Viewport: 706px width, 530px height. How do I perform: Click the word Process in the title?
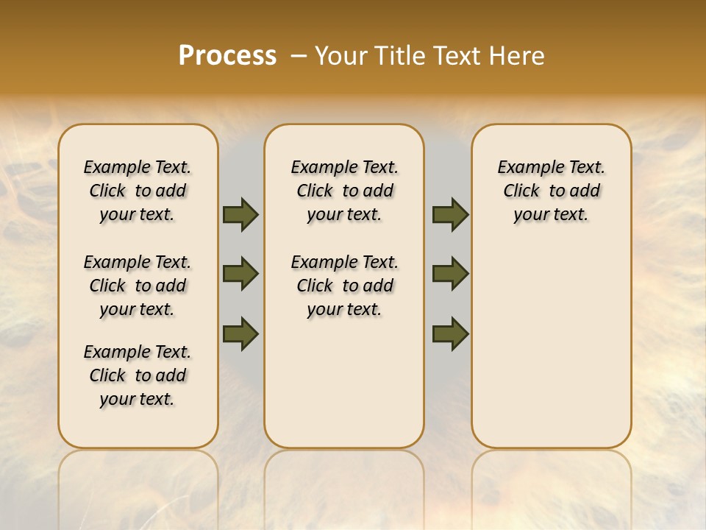227,56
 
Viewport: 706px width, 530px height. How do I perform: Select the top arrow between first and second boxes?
240,215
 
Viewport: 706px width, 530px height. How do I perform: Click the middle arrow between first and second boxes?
240,274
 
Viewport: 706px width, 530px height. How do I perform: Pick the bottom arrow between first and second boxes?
240,333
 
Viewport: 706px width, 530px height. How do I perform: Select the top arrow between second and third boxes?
450,215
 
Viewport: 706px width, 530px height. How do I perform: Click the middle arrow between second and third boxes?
450,274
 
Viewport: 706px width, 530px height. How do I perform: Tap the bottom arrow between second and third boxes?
450,333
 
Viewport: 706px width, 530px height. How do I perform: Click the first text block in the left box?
138,191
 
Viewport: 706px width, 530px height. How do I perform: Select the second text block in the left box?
138,286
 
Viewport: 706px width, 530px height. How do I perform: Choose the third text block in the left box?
138,375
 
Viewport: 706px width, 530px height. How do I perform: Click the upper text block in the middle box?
344,191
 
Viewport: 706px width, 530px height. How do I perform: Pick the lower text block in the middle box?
344,286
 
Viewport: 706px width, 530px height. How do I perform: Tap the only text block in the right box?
551,191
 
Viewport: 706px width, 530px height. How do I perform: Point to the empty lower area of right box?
551,346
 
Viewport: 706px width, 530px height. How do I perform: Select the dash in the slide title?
299,56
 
